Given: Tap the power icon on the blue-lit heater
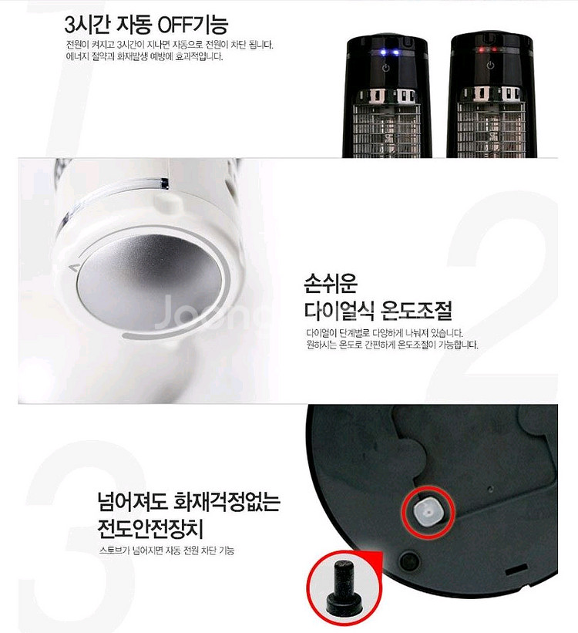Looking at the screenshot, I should click(386, 69).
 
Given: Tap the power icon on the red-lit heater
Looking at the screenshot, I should click(487, 69).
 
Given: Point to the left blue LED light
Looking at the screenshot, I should click(387, 53).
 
